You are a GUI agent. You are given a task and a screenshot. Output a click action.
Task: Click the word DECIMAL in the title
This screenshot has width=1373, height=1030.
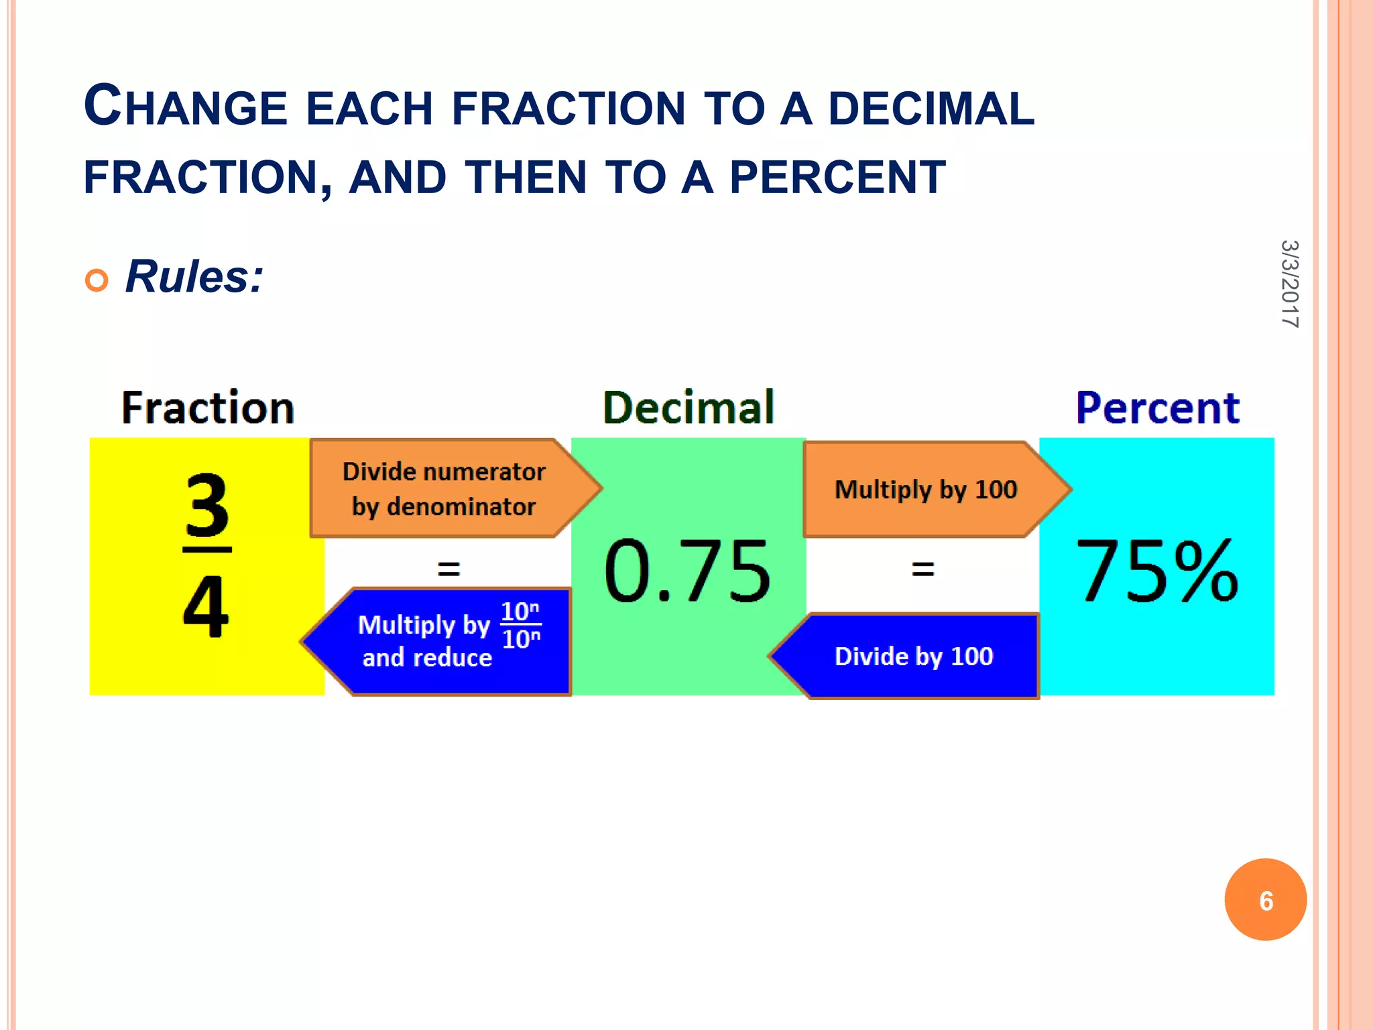click(931, 109)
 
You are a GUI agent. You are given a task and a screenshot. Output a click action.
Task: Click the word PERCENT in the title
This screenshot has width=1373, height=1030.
click(837, 178)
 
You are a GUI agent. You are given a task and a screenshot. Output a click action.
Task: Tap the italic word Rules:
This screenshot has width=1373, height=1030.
click(194, 276)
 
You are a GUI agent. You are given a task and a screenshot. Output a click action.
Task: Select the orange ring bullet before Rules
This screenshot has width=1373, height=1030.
click(97, 280)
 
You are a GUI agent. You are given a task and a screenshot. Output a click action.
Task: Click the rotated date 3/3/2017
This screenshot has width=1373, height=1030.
click(1289, 284)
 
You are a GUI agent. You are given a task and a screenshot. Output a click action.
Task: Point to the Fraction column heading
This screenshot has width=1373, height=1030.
click(208, 408)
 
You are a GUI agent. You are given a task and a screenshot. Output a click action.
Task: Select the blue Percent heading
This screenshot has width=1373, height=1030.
click(1157, 408)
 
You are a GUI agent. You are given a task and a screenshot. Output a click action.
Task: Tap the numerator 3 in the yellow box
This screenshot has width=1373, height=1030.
click(206, 506)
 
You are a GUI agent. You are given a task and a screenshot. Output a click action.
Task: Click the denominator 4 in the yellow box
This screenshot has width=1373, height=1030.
click(206, 607)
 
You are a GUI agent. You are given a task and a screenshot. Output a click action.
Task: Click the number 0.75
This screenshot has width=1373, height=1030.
click(687, 571)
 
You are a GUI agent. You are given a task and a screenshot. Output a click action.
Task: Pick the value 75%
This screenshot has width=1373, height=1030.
click(1156, 571)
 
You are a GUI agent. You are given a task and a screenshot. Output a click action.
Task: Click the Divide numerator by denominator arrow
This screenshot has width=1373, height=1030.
click(444, 489)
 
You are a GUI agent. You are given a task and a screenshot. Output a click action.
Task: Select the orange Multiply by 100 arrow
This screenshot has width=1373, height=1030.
click(926, 490)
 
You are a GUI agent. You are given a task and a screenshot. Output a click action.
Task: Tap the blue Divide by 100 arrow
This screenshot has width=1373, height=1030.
click(913, 656)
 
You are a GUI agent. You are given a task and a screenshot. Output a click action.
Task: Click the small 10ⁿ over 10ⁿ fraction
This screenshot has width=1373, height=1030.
click(521, 625)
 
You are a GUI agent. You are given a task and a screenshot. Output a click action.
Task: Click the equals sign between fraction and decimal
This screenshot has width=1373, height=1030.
click(449, 569)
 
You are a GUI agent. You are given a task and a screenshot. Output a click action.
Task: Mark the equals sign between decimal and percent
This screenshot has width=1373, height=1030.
click(922, 569)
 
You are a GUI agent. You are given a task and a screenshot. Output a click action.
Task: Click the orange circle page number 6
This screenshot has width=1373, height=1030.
click(1265, 900)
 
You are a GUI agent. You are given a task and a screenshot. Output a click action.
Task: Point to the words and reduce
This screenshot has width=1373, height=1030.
click(427, 658)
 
